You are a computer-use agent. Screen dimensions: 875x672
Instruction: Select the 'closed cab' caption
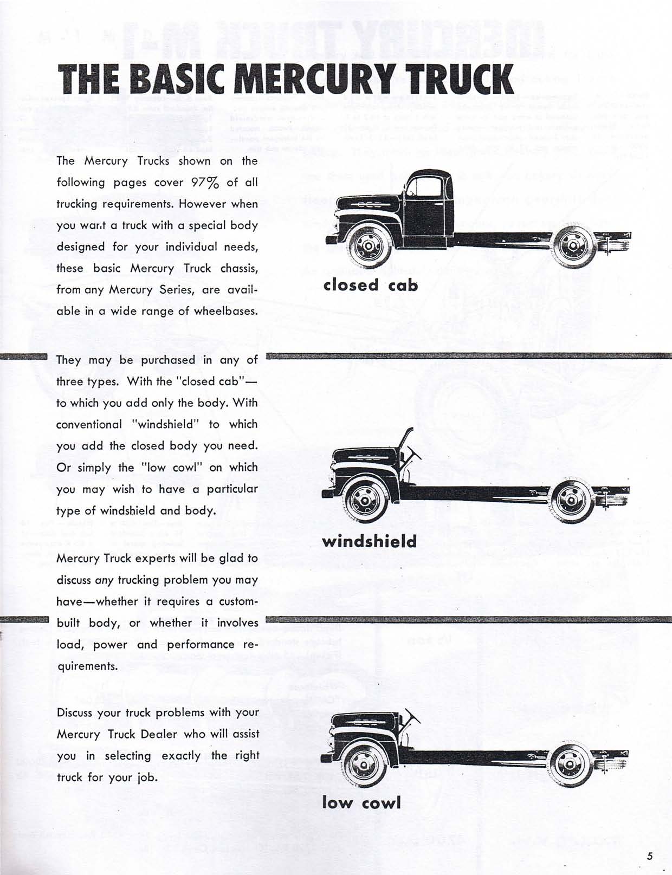[x=371, y=284]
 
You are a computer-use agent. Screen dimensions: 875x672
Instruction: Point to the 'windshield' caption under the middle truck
[x=370, y=541]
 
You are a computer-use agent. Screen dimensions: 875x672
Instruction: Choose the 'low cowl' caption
[x=361, y=802]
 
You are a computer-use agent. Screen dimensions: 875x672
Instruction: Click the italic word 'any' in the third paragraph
[x=104, y=580]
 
